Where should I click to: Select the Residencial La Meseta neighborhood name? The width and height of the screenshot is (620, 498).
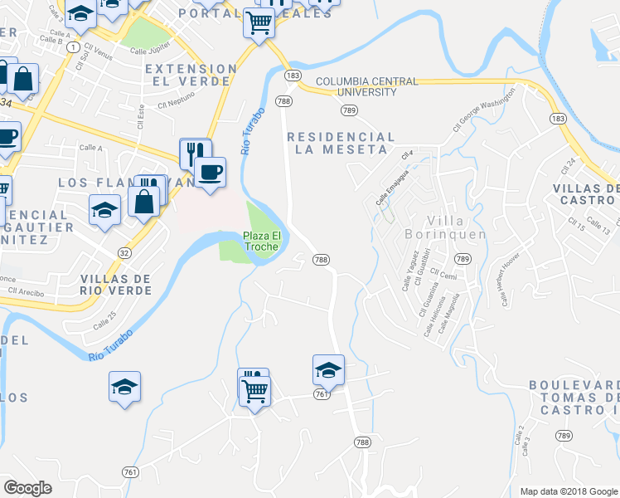click(x=340, y=143)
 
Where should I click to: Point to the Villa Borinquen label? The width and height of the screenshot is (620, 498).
click(x=456, y=227)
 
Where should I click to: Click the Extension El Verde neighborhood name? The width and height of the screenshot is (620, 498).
click(x=191, y=75)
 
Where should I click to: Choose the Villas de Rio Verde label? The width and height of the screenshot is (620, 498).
click(x=115, y=285)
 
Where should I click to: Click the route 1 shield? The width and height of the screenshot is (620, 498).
click(x=75, y=47)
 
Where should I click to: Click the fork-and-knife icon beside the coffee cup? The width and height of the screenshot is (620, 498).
click(x=195, y=152)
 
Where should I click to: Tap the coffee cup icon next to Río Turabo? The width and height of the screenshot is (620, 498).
click(x=211, y=172)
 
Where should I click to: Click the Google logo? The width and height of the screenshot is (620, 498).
click(x=29, y=488)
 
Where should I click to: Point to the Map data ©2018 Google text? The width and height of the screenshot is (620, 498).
click(x=566, y=491)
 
